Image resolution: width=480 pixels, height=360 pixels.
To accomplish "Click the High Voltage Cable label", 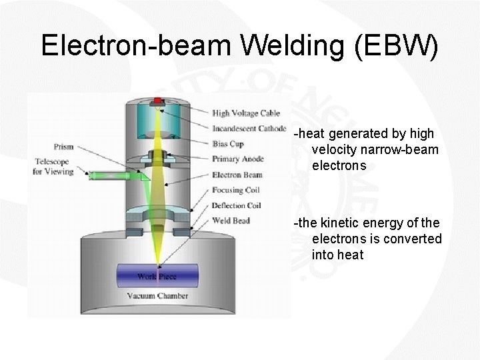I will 246,113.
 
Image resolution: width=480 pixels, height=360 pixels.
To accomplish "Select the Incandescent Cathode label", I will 249,129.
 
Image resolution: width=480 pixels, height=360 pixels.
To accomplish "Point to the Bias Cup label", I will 228,143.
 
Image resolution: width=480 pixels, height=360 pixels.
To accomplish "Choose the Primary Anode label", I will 238,159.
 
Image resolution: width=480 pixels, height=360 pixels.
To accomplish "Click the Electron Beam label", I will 237,175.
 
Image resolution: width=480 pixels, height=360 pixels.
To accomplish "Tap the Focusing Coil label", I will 237,190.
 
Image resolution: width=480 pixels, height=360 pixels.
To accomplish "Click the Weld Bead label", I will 231,220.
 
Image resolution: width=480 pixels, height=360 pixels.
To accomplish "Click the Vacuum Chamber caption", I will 157,295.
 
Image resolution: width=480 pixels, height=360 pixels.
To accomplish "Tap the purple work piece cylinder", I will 157,275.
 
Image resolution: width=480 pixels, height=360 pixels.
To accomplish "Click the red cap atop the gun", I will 158,101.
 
